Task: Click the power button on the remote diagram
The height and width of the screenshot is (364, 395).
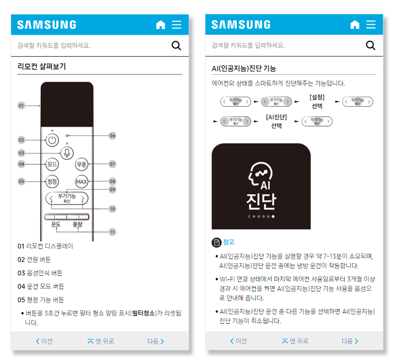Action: click(52, 140)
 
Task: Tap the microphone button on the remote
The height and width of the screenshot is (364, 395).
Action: click(67, 153)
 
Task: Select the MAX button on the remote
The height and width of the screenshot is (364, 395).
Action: click(82, 182)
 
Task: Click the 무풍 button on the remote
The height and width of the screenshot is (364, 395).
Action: click(82, 164)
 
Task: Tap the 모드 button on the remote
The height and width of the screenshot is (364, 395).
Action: click(52, 164)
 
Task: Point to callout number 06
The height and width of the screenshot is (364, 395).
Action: click(112, 136)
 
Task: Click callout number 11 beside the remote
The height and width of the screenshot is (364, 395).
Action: click(112, 232)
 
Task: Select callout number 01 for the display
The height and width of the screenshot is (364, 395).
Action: click(21, 106)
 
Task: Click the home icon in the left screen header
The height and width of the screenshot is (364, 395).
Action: click(161, 25)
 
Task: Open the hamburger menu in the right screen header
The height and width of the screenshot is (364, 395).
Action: click(371, 24)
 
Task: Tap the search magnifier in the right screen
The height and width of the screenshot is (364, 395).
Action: click(371, 45)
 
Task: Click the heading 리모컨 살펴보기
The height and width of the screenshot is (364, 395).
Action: click(42, 67)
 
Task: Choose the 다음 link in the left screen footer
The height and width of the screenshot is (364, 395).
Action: click(156, 341)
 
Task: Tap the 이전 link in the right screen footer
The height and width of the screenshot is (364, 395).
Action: click(238, 341)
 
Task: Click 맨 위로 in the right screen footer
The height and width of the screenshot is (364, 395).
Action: click(295, 341)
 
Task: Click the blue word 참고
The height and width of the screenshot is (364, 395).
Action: click(229, 242)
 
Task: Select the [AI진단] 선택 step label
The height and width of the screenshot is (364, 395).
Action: click(276, 121)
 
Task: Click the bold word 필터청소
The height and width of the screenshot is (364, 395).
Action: click(143, 313)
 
